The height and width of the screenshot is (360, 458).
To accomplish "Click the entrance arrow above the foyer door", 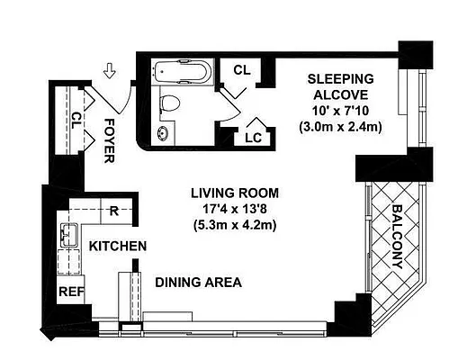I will [110, 68].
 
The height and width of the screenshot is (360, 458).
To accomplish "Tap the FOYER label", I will [109, 140].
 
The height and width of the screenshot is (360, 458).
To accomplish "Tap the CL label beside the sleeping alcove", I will [241, 69].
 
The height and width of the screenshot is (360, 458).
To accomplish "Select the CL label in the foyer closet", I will [77, 117].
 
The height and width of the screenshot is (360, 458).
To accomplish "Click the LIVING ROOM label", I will [234, 193].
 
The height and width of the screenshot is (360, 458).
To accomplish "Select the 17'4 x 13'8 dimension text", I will [234, 209].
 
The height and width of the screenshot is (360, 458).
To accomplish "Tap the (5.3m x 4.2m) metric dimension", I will [234, 225].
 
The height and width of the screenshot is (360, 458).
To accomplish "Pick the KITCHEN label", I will [118, 246].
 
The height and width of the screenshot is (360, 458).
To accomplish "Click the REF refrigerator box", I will [70, 292].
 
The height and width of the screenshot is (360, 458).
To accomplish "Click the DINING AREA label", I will [199, 282].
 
